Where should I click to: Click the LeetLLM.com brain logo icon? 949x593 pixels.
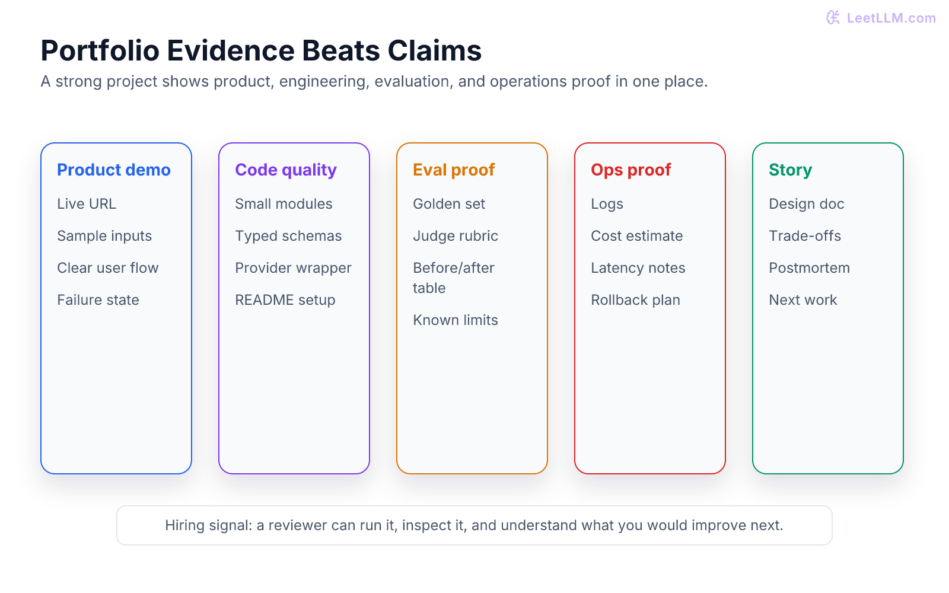[x=833, y=18]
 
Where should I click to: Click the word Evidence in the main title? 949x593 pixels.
[x=231, y=50]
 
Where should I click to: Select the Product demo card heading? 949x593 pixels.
[x=114, y=170]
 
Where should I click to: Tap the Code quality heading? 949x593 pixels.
[x=286, y=170]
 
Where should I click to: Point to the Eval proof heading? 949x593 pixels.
[x=454, y=170]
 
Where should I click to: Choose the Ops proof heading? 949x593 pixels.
[x=631, y=170]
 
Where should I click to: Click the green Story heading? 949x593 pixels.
[x=791, y=170]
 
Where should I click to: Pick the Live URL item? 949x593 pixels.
[x=87, y=204]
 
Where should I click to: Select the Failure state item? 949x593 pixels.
[x=98, y=300]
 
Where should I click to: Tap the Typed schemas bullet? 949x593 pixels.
[x=288, y=237]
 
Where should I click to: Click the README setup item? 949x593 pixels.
[x=285, y=300]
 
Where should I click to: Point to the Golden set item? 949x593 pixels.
[x=449, y=204]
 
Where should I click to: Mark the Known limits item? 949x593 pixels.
[x=456, y=320]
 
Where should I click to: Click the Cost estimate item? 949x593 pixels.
[x=637, y=236]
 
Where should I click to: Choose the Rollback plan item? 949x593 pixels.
[x=635, y=300]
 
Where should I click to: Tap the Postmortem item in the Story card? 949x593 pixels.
[x=809, y=268]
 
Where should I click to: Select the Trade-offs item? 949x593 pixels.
[x=805, y=236]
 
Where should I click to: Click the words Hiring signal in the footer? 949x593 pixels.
[x=209, y=525]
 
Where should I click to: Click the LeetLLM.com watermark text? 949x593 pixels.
[x=891, y=18]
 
